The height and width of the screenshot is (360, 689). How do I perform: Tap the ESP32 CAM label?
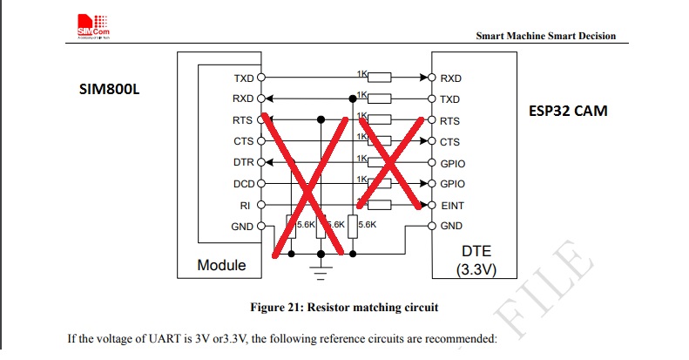click(568, 112)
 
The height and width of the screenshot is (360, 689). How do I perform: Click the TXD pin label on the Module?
click(243, 78)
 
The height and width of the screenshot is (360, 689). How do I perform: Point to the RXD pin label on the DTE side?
click(450, 78)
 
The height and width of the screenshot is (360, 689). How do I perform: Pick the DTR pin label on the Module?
click(243, 163)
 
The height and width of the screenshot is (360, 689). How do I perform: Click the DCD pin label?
click(243, 184)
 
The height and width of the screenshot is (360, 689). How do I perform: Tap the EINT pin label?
click(452, 206)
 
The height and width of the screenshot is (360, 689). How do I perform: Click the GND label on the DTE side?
click(451, 227)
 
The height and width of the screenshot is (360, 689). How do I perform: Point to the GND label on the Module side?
click(242, 227)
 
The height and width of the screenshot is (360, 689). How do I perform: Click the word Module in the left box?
click(221, 264)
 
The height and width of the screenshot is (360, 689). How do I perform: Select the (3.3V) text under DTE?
click(476, 269)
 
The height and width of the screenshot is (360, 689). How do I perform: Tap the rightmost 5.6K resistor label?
click(367, 225)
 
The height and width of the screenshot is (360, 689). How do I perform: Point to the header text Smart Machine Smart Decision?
click(546, 36)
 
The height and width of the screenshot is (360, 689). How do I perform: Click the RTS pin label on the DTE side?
click(450, 121)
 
